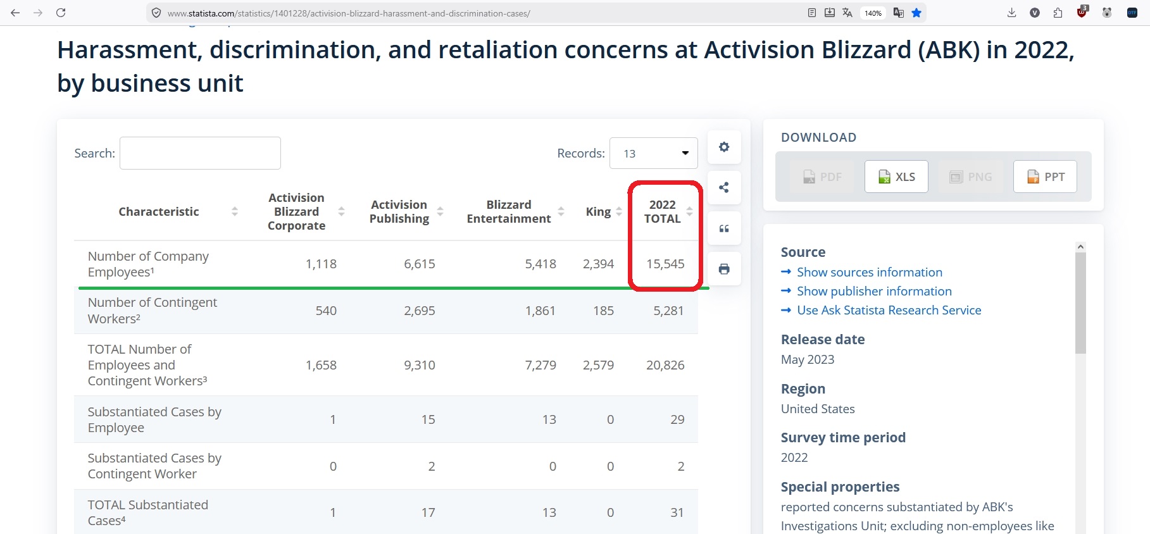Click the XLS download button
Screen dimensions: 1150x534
[896, 177]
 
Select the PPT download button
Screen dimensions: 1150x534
[1045, 177]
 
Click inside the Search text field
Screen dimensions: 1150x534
[200, 153]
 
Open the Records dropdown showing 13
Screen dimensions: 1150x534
[653, 153]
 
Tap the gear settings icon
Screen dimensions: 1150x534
[724, 147]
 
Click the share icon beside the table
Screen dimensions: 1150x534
[724, 187]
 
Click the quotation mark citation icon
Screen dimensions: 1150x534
[724, 228]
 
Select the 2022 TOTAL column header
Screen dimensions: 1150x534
[663, 211]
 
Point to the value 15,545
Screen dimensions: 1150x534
[665, 264]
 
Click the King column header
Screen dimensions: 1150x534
[598, 211]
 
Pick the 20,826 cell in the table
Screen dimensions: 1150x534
[665, 365]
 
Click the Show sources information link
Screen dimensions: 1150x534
[870, 272]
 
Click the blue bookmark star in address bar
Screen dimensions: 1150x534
[916, 13]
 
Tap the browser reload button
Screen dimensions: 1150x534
[61, 13]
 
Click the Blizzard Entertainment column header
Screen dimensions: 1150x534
[509, 211]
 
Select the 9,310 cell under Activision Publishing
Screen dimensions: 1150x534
[420, 365]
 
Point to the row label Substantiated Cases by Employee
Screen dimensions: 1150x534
[154, 419]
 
